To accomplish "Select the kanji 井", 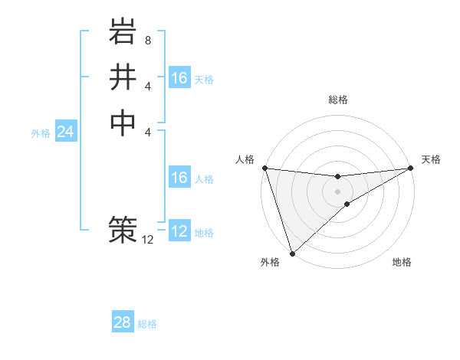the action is click(123, 78).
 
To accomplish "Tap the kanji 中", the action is click(123, 123).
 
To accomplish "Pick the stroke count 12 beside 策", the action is click(148, 240).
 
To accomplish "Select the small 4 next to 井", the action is click(148, 87).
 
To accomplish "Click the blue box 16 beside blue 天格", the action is click(179, 78).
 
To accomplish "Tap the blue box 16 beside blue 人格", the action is click(179, 178).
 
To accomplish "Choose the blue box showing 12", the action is click(179, 231).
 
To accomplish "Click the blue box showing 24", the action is click(65, 132).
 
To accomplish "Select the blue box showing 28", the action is click(123, 322).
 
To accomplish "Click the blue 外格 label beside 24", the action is click(41, 133).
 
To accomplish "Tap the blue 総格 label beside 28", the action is click(147, 324).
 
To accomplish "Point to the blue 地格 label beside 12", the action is click(204, 233).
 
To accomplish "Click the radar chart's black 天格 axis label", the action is click(431, 159).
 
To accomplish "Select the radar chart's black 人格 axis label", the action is click(245, 159).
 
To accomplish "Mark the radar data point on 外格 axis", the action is click(292, 253).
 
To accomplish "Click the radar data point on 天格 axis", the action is click(411, 168).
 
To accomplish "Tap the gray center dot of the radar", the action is click(337, 191).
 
